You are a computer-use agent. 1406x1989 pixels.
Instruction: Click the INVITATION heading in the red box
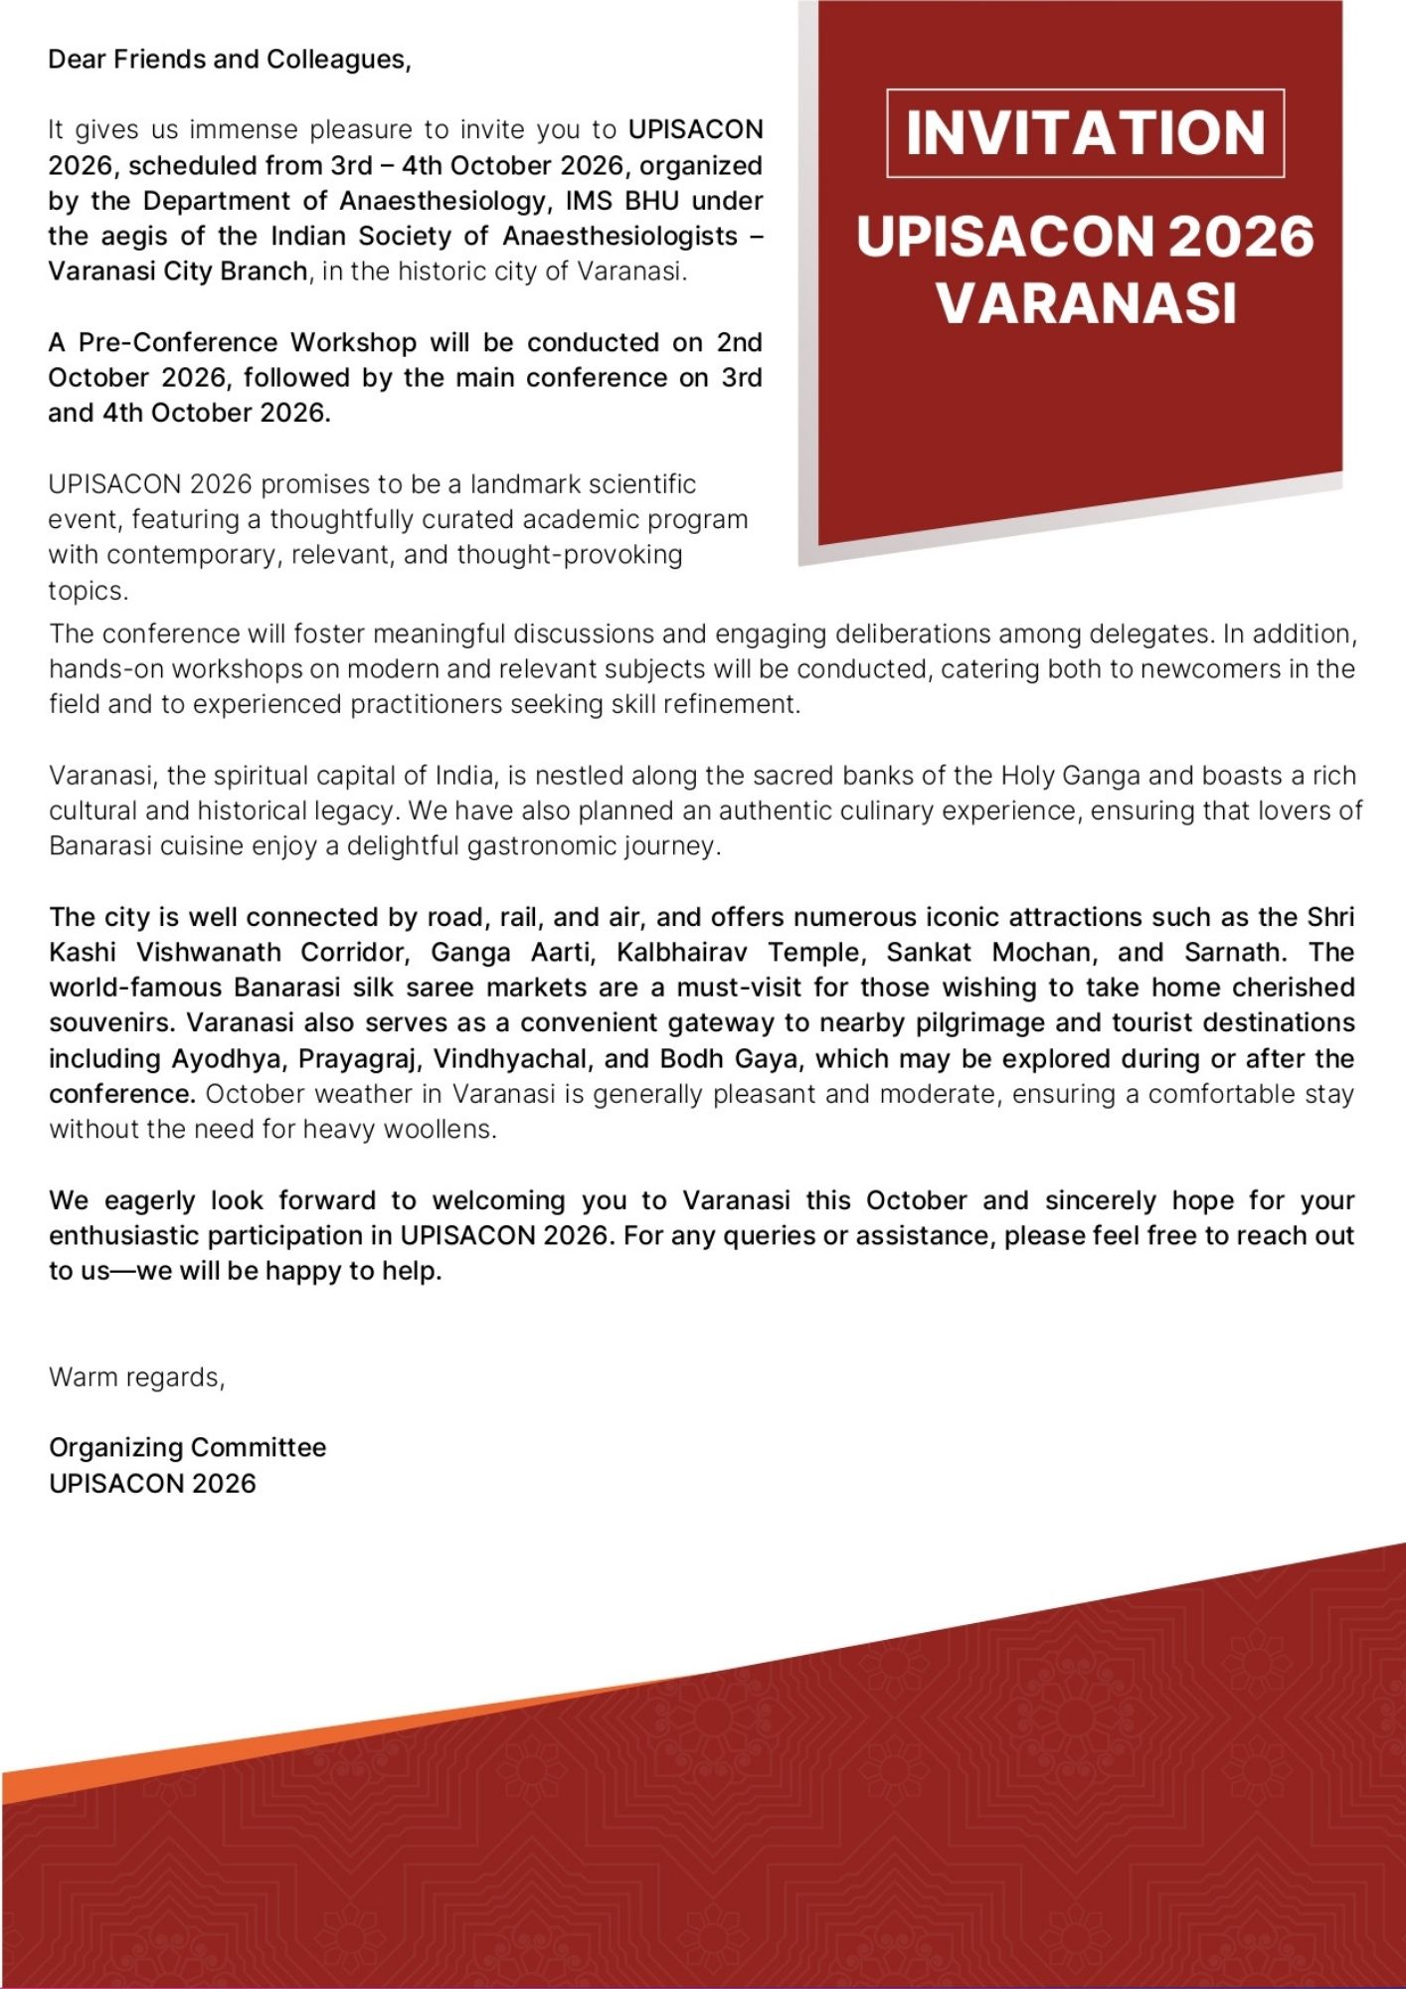coord(1085,133)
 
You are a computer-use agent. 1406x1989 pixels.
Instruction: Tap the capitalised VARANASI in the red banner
coord(1086,303)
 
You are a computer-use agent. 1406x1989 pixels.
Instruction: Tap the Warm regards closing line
coord(137,1377)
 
